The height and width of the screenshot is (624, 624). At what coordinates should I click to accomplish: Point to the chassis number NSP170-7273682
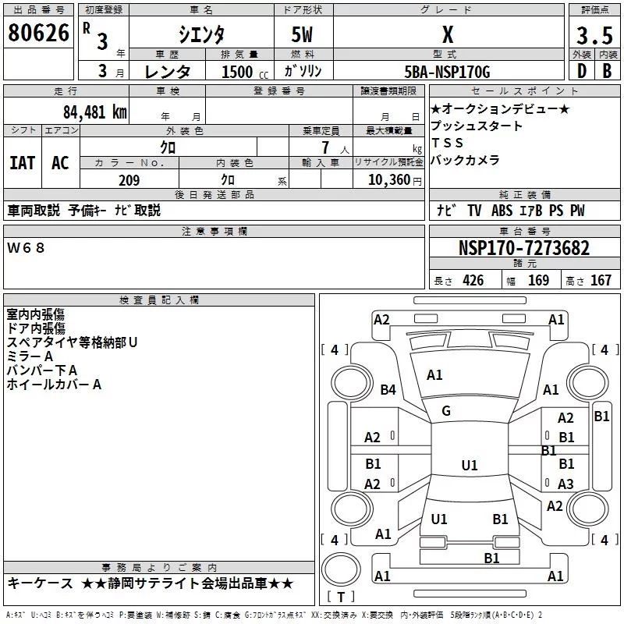coord(523,248)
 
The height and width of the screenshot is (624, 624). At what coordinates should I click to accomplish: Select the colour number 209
coord(129,180)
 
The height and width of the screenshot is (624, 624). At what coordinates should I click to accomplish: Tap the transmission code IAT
coord(22,162)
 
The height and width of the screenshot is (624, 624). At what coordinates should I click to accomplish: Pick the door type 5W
coord(304,35)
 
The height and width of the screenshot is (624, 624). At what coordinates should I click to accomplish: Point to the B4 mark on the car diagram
coord(388,389)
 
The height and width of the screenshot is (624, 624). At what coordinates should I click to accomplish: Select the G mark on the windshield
coord(446,411)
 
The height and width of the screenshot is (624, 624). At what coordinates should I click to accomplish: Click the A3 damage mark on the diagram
coord(565,484)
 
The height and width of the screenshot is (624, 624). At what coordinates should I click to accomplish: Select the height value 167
coord(601,281)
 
